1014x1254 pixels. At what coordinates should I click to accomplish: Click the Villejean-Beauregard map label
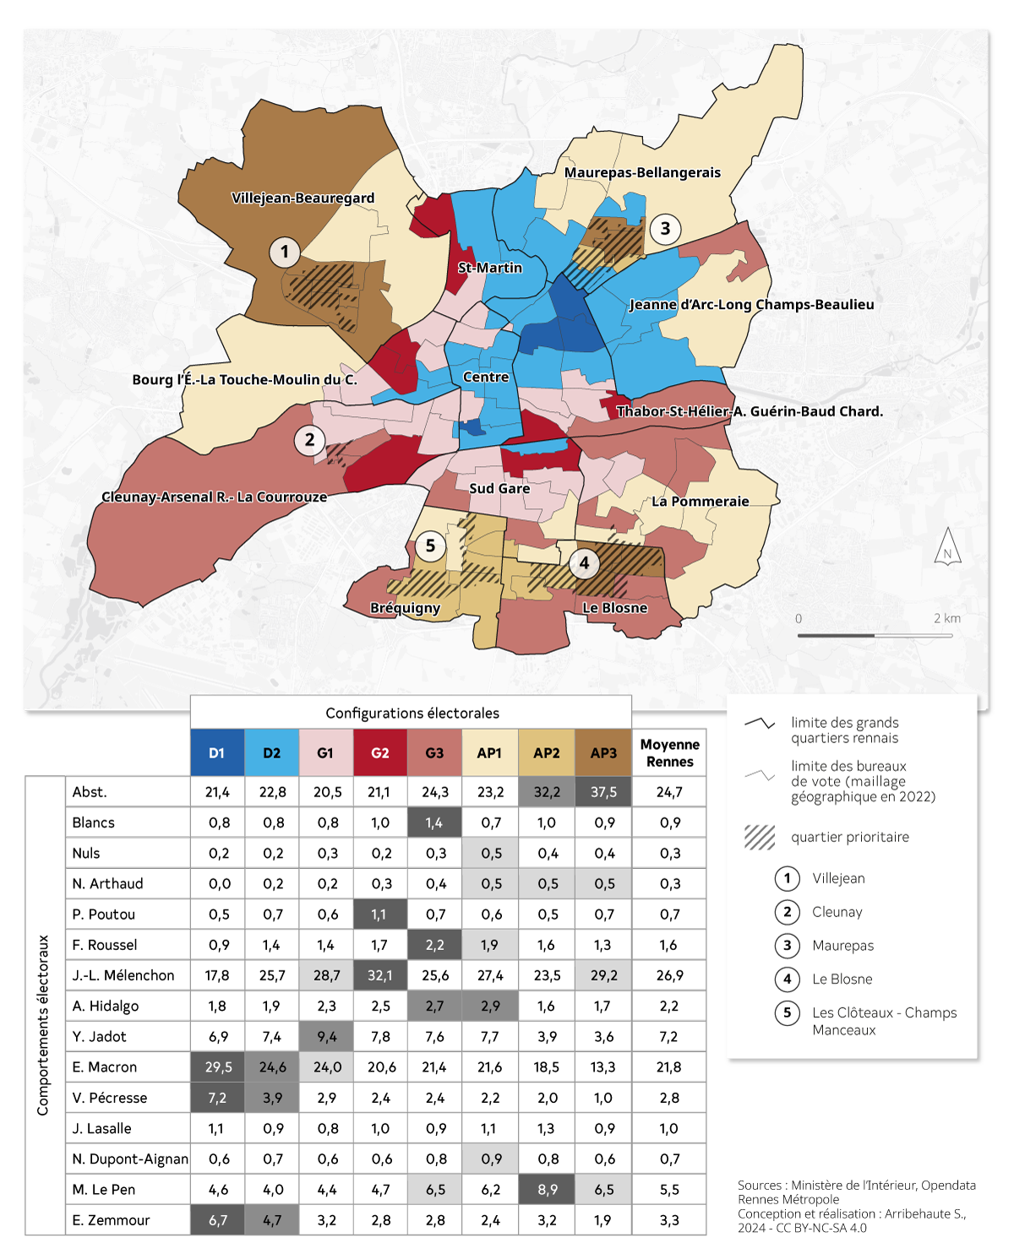click(303, 198)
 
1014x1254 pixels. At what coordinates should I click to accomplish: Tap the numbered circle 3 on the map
click(665, 229)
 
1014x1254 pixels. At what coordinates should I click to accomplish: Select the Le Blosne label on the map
click(614, 607)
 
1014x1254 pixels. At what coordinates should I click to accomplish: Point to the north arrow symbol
click(947, 546)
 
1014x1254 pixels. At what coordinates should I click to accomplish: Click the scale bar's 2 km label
click(946, 618)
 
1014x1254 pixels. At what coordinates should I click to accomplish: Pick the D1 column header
click(217, 752)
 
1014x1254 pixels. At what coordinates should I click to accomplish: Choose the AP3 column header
click(603, 752)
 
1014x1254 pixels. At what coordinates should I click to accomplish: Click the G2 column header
click(380, 752)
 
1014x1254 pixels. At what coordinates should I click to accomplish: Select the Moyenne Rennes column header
click(669, 752)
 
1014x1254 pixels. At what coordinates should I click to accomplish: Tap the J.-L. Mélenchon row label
click(123, 975)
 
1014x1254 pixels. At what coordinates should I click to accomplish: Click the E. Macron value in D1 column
click(218, 1067)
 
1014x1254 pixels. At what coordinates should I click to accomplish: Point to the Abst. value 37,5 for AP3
click(603, 792)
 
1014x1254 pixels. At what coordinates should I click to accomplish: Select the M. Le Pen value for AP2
click(547, 1190)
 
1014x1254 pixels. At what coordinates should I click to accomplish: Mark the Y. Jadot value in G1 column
click(327, 1036)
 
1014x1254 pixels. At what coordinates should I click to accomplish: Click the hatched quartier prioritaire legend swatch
click(760, 837)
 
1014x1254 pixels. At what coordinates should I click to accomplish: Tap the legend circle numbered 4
click(787, 979)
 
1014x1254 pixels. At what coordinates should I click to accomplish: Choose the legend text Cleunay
click(837, 912)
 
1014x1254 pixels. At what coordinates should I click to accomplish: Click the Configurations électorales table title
click(412, 713)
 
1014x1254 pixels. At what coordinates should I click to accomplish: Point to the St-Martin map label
click(490, 268)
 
